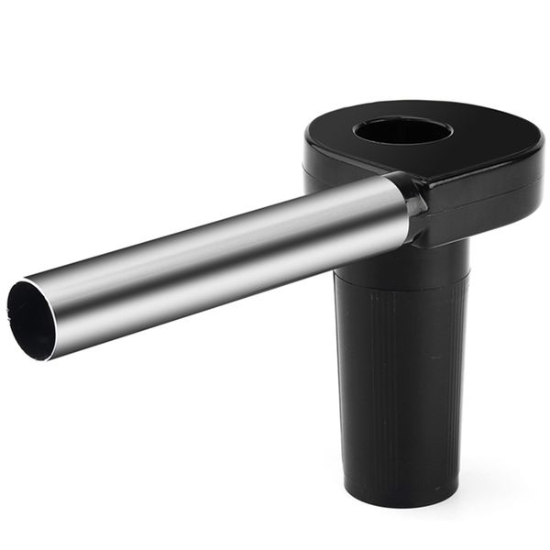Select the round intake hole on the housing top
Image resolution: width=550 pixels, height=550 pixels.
pos(402,131)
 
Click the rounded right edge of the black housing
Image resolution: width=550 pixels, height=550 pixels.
pos(536,170)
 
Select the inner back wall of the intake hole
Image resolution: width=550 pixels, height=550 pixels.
pos(403,124)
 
